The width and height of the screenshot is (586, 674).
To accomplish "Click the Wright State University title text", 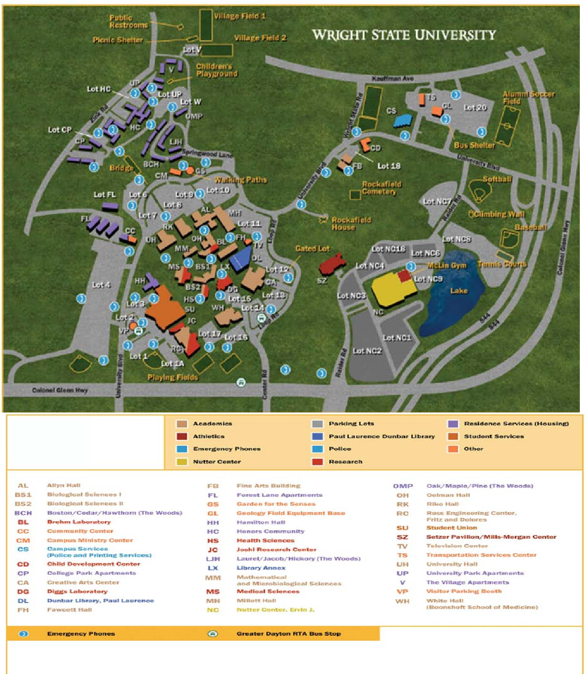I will pos(404,35).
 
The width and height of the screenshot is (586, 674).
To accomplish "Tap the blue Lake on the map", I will pos(455,300).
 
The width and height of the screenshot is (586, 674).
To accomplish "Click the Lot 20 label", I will pos(475,107).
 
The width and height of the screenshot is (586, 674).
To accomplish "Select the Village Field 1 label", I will pos(240,16).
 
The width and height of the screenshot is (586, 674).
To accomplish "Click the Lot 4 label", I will pos(101,285).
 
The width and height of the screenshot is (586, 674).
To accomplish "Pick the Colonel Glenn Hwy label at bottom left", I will pos(60,390).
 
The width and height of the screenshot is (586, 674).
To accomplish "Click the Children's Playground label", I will pos(217,70).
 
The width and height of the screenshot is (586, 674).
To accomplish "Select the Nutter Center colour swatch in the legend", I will pos(181,462).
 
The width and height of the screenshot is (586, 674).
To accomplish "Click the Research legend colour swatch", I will pos(317,462).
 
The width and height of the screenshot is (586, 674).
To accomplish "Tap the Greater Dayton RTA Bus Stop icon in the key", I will pos(213,633).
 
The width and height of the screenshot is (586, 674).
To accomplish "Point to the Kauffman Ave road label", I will pos(392,78).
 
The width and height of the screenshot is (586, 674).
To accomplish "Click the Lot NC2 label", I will pos(367,351).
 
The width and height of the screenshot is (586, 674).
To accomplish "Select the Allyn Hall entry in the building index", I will pos(64,485).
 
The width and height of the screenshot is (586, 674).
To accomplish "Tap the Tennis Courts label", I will pos(502,264).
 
